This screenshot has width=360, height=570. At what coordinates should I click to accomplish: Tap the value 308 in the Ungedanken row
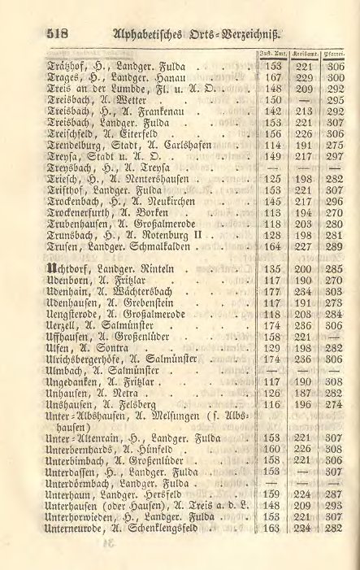(x=336, y=380)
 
